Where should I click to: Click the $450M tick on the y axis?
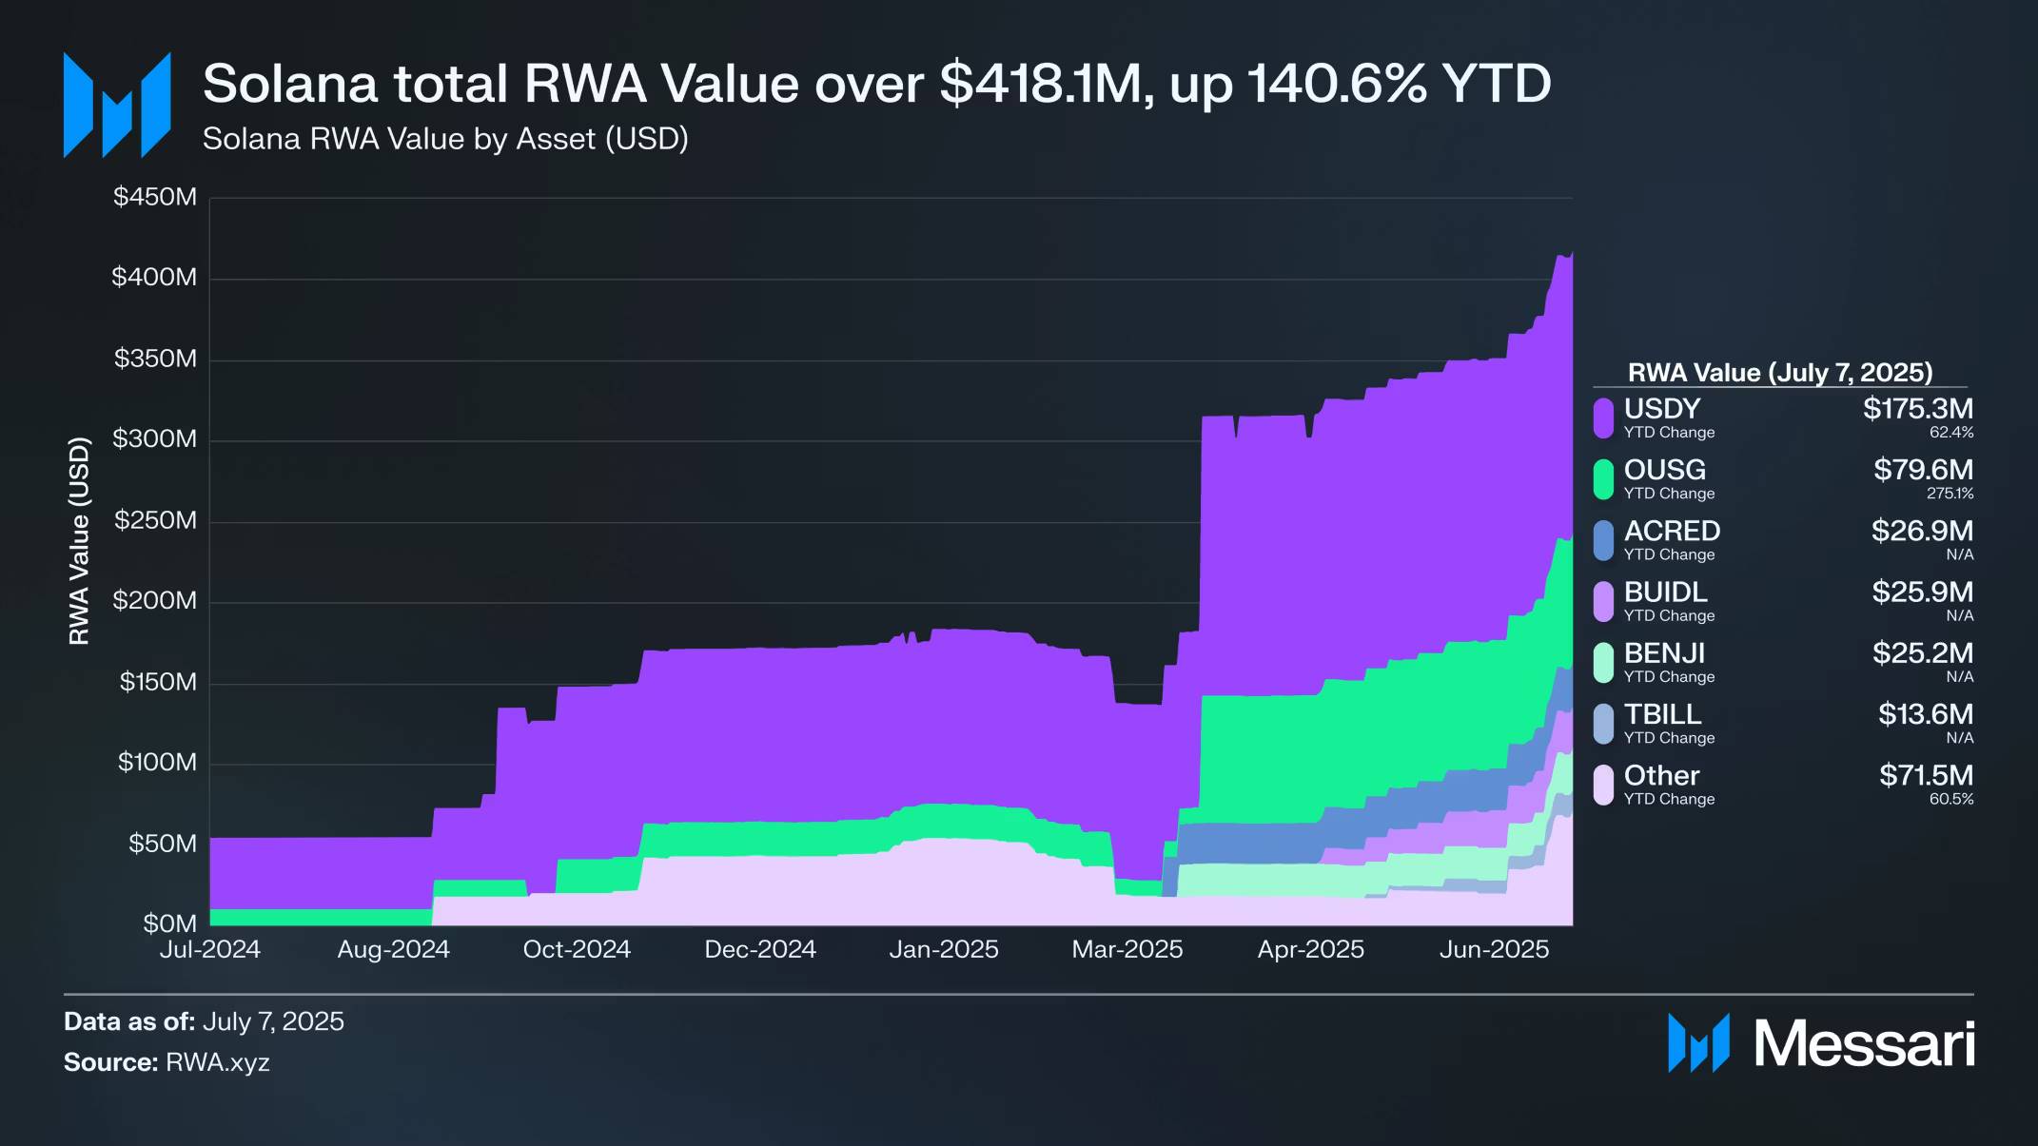[155, 197]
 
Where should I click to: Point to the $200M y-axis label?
[155, 601]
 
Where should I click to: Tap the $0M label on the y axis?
[170, 923]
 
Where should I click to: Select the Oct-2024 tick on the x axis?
[577, 949]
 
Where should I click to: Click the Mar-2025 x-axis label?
[1127, 949]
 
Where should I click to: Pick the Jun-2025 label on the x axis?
[1494, 949]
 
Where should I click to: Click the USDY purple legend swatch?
[1603, 418]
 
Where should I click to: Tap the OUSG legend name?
[1664, 470]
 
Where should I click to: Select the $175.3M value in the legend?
[1917, 409]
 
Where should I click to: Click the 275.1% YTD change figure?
[1950, 494]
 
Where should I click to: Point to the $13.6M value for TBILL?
[1925, 714]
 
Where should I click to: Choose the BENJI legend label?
[1664, 653]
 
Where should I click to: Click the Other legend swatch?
[1603, 786]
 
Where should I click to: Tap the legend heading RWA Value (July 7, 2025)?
[1780, 372]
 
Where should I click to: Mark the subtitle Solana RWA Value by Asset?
[445, 139]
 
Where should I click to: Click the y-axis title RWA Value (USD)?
[79, 541]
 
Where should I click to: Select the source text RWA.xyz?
[218, 1062]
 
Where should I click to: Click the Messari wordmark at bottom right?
[1864, 1044]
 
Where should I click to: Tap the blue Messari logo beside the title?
[116, 105]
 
